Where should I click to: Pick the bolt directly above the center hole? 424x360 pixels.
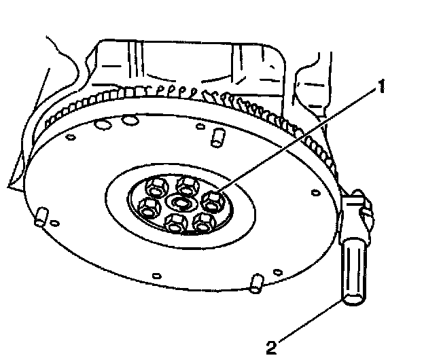tap(185, 184)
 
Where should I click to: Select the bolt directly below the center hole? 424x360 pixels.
tap(175, 222)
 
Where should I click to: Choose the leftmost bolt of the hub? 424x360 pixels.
tap(147, 207)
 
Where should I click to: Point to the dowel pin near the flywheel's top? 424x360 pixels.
tap(217, 138)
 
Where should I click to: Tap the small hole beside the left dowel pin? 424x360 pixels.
tap(55, 223)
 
